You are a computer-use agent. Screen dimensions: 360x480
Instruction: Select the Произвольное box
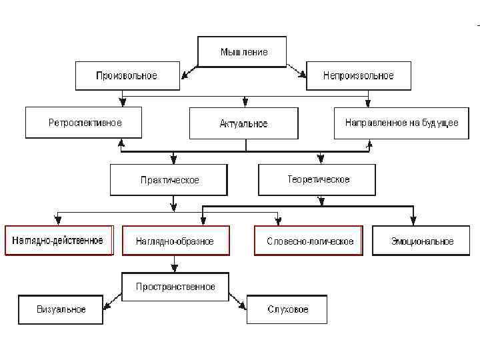[127, 75]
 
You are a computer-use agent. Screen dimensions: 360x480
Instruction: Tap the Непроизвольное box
[358, 75]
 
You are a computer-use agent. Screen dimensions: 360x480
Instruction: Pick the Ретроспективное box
[84, 123]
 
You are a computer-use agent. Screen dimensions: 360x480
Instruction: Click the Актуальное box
[243, 123]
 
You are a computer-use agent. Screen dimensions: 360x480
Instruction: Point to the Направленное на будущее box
[401, 123]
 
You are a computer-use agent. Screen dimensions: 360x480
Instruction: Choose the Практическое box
[169, 179]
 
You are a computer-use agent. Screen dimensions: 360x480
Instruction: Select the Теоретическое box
[317, 179]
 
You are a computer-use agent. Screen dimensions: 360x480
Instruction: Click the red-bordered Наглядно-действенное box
[58, 241]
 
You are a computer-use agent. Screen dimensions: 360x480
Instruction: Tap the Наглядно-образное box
[175, 241]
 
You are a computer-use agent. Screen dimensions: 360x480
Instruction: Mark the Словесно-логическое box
[309, 241]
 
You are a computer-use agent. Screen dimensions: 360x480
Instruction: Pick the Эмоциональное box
[422, 241]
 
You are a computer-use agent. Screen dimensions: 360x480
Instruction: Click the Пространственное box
[175, 287]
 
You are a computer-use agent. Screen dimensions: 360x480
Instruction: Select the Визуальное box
[61, 309]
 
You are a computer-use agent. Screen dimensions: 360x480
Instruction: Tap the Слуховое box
[287, 309]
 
